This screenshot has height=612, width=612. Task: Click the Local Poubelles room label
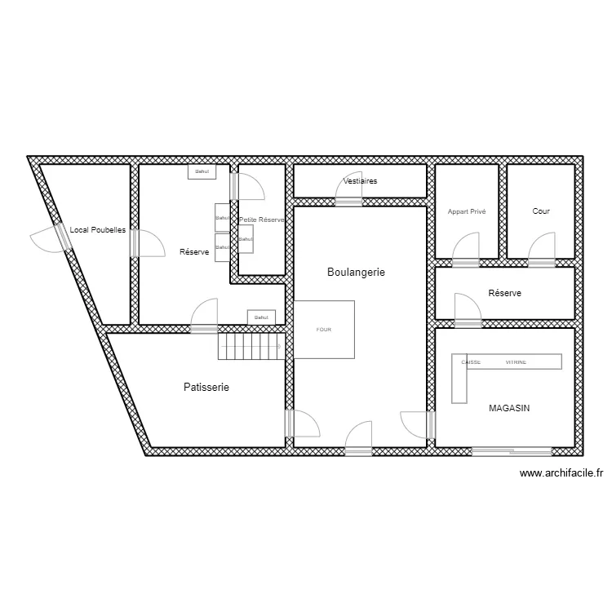pyautogui.click(x=97, y=230)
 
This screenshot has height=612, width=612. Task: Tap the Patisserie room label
pyautogui.click(x=206, y=388)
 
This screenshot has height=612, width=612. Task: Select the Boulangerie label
pyautogui.click(x=356, y=272)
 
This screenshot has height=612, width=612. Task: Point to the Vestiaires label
pyautogui.click(x=360, y=181)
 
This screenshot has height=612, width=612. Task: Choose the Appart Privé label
pyautogui.click(x=467, y=211)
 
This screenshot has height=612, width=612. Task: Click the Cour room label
pyautogui.click(x=541, y=211)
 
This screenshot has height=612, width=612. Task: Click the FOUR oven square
pyautogui.click(x=325, y=330)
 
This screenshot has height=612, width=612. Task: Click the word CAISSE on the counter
pyautogui.click(x=471, y=362)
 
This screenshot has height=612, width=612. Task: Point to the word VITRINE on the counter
pyautogui.click(x=515, y=362)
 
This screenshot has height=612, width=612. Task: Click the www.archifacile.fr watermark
pyautogui.click(x=561, y=472)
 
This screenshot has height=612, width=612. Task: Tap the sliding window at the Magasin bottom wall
pyautogui.click(x=512, y=450)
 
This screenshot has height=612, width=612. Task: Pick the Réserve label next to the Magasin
pyautogui.click(x=504, y=293)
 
